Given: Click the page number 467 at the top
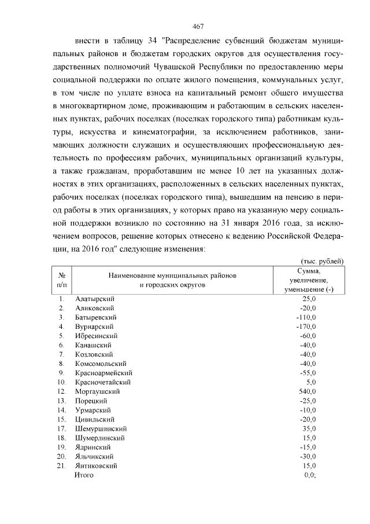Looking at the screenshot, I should point(198,27).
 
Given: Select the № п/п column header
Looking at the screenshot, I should point(61,280).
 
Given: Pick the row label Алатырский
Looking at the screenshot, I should point(94,299).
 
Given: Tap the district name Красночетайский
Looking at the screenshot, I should point(103,382).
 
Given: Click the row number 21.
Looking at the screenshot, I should point(61,466).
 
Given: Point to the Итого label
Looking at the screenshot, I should point(84,475).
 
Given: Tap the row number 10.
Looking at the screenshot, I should point(61,382).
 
